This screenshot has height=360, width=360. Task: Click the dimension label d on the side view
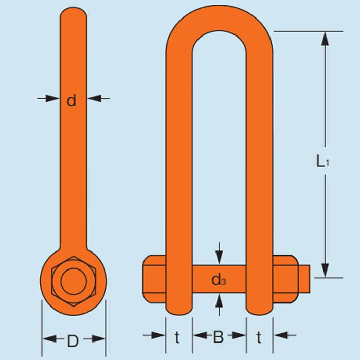pos(71,100)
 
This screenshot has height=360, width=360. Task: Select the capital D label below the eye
pos(73,340)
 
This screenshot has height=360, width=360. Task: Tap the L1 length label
pos(322,162)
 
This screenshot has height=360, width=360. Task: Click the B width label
pos(219,337)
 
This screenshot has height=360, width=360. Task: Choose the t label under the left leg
pos(177,337)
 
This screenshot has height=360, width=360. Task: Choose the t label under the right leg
pos(259,337)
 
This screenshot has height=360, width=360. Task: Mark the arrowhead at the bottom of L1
pos(325,271)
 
